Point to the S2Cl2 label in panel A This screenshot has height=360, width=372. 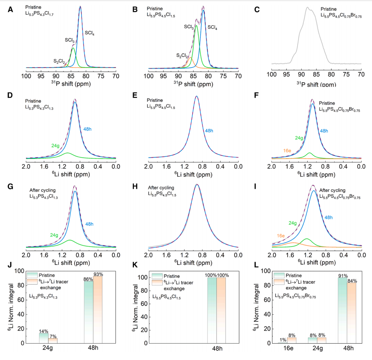tap(59, 61)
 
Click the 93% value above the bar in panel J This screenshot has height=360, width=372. tap(98, 273)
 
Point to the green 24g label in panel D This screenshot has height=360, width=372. tap(55, 146)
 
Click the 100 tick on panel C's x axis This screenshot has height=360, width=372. tap(271, 75)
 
